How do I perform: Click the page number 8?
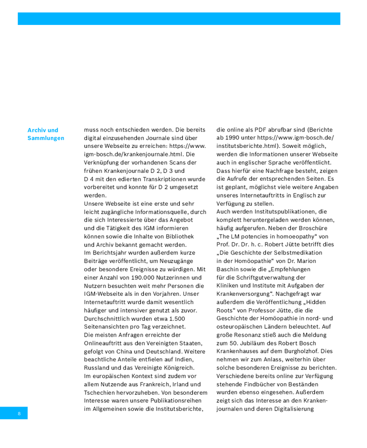18,414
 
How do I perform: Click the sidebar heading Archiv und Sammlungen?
46,134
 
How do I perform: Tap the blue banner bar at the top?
179,19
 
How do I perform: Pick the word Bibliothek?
177,236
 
